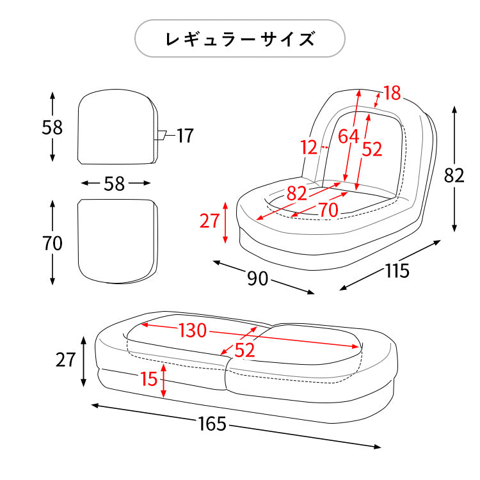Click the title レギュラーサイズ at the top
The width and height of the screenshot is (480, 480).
coord(240,39)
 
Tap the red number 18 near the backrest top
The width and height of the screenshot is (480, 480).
coord(392,93)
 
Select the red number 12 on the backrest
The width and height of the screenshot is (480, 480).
coord(309,148)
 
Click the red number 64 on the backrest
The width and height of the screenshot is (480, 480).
coord(348,136)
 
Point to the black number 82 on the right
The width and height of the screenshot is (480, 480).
coord(454,175)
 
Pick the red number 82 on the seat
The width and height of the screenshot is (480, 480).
coord(296,192)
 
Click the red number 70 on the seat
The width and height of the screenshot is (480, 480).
coord(328,209)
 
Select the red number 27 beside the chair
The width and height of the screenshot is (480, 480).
coord(209,221)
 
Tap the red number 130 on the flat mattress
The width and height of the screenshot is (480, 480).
coord(192,331)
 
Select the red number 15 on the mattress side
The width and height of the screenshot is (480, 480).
coord(148,379)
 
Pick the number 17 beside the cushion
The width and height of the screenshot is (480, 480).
coord(185,136)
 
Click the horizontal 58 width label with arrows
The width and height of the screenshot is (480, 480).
coord(114,184)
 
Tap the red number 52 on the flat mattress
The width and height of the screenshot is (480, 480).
coord(245,349)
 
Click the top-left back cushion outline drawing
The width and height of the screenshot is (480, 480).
coord(117,126)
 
